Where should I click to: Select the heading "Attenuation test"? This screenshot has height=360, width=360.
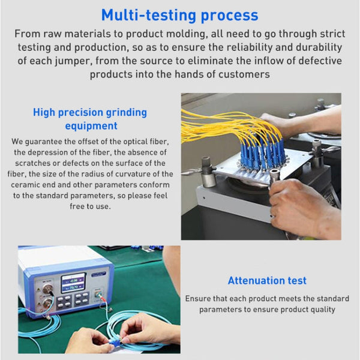click(x=267, y=280)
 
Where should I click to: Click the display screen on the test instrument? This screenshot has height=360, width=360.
click(x=73, y=283)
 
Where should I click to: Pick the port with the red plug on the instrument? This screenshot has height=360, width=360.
click(x=98, y=295)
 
